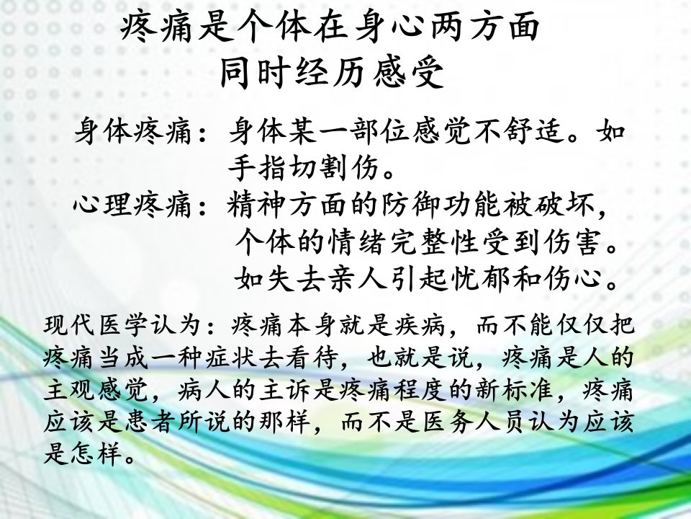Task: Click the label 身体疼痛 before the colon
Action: pyautogui.click(x=134, y=131)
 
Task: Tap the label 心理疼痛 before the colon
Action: pyautogui.click(x=134, y=205)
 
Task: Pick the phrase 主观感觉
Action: pyautogui.click(x=95, y=390)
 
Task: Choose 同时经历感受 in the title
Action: pyautogui.click(x=331, y=72)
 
